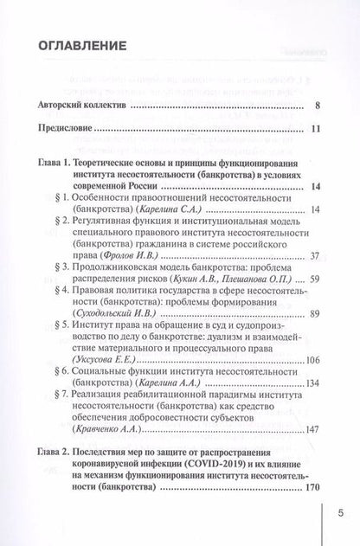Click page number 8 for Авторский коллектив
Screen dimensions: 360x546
click(319, 107)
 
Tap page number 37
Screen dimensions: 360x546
click(315, 255)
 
